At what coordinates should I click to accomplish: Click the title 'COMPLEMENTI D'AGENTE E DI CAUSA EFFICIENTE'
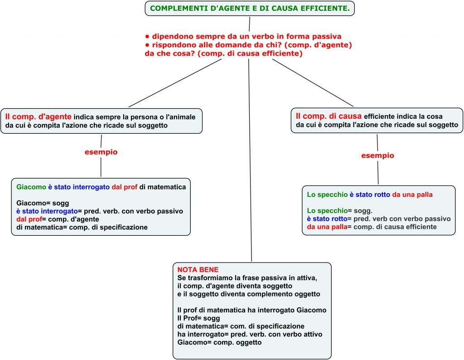tap(250, 9)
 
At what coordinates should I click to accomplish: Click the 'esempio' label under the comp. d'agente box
tap(101, 152)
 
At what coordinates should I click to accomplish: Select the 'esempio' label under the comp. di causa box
tap(377, 156)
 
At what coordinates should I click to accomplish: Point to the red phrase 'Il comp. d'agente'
tap(38, 117)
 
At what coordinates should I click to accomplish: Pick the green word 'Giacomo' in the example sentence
tap(31, 187)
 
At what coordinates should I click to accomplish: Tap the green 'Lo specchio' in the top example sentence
tap(327, 195)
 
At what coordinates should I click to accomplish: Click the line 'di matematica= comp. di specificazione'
tap(82, 227)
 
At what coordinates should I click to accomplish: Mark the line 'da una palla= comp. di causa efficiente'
tap(372, 226)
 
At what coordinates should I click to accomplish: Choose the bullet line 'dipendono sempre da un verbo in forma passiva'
tap(243, 36)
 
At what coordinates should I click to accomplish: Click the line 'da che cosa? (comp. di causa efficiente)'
tap(223, 54)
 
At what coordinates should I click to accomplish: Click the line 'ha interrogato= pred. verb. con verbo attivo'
tap(249, 335)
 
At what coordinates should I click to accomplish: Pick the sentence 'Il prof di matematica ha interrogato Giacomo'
tap(251, 310)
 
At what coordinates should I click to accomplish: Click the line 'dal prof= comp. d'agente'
tap(58, 219)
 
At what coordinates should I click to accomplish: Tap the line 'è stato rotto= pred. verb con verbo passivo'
tap(378, 219)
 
